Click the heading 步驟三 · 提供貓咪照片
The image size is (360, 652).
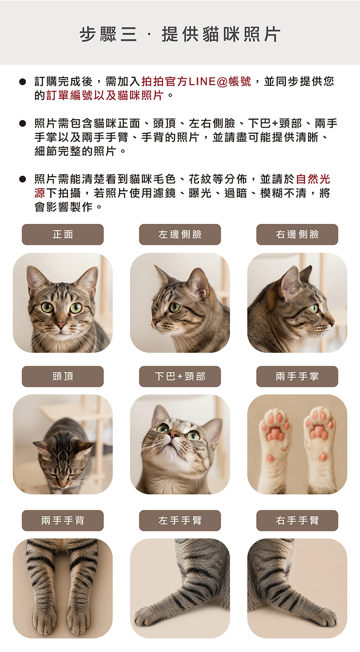pos(180,34)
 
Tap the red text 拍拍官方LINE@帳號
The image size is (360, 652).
pos(196,81)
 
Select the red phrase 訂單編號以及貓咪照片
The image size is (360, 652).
pos(105,95)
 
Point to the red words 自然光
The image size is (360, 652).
pos(313,179)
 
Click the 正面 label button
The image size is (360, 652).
pos(63,234)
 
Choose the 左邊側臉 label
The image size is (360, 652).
pos(180,234)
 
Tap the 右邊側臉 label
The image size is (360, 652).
pos(297,234)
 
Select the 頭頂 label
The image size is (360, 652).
pos(63,376)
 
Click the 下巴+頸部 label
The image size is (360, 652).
pos(180,376)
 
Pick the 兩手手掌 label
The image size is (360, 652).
pos(297,376)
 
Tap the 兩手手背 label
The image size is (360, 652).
pos(63,521)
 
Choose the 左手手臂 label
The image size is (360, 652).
pos(180,521)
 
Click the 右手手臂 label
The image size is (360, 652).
pos(297,521)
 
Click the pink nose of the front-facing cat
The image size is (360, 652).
pos(61,324)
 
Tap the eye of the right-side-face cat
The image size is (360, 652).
pos(315,308)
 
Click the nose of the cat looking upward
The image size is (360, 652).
pos(174,434)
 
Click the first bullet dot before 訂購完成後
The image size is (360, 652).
pos(22,81)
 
